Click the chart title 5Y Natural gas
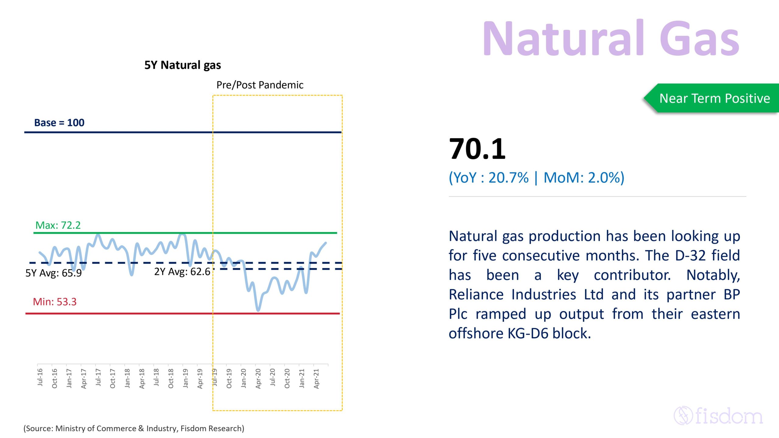point(183,65)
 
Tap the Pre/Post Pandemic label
point(260,85)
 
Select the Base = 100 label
point(59,123)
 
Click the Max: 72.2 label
point(58,225)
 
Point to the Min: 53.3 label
point(54,302)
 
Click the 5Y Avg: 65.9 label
point(54,273)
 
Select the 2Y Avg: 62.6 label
point(182,271)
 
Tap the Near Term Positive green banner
point(714,98)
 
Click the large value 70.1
point(477,149)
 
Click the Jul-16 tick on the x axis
point(40,377)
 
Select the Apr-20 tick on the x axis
point(258,378)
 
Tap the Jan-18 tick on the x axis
point(127,378)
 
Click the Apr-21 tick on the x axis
point(316,378)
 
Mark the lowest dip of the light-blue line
point(258,310)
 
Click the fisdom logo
point(718,416)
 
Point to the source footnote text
point(134,428)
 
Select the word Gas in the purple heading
point(699,38)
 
